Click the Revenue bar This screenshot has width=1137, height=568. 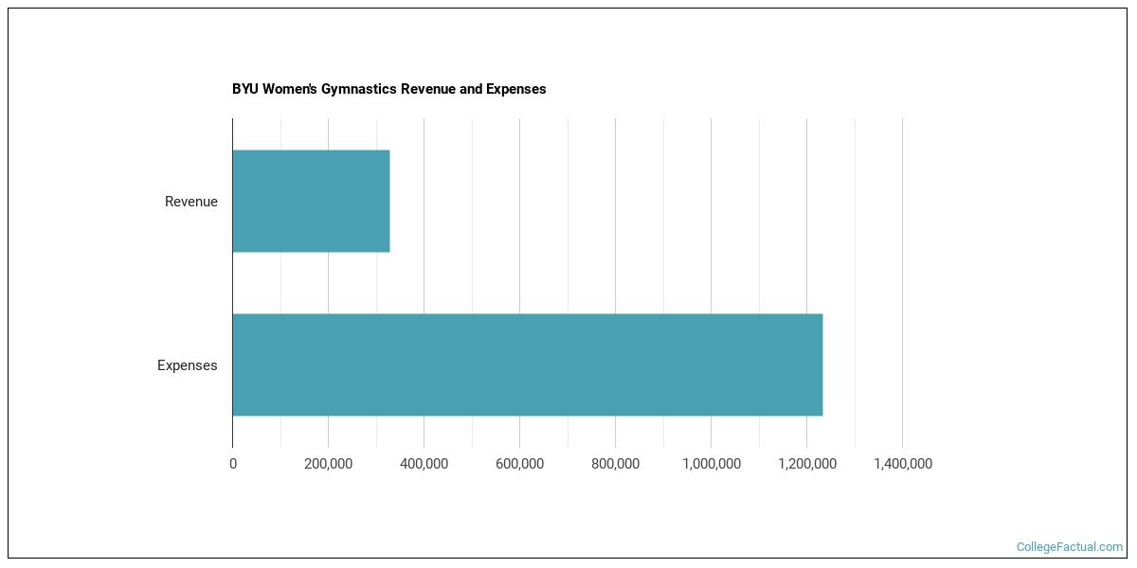(311, 201)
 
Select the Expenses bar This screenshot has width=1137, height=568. (527, 364)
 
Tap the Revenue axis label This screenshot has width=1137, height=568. (190, 202)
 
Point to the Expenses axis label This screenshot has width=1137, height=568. (187, 365)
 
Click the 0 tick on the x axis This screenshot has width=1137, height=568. (233, 464)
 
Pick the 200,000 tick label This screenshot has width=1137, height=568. (328, 464)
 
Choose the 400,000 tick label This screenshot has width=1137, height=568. (424, 464)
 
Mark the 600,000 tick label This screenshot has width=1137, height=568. (519, 464)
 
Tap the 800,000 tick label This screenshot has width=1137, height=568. (615, 464)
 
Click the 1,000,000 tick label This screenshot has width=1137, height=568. (711, 464)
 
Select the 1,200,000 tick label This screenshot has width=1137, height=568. (806, 464)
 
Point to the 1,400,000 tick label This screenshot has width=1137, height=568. (902, 464)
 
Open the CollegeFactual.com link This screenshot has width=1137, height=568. (1069, 547)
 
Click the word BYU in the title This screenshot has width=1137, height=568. (244, 89)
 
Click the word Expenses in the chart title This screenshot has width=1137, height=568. (516, 89)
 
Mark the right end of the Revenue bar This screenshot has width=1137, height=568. (388, 201)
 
